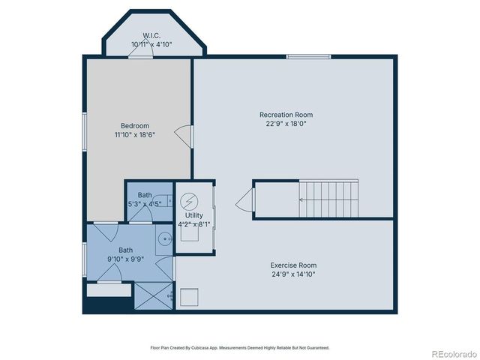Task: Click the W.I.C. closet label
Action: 152,35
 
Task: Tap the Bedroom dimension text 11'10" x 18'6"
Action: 134,135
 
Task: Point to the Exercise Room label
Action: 293,265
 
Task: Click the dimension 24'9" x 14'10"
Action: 293,274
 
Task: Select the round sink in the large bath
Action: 166,239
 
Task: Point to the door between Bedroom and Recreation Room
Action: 184,135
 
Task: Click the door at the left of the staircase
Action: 244,201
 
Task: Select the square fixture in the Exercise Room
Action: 189,298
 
